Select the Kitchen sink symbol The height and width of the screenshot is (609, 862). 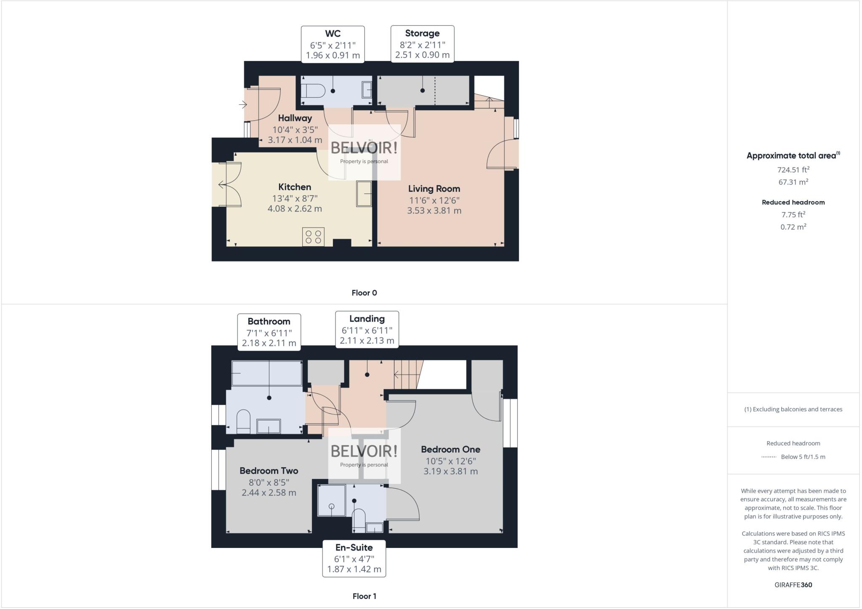coord(364,194)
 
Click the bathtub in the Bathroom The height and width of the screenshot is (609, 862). coord(266,373)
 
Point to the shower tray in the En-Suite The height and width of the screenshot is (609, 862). coord(331,500)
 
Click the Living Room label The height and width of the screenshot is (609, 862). coord(434,189)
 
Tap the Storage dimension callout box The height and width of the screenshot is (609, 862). coord(422,44)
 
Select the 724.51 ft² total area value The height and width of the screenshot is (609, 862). coord(793,170)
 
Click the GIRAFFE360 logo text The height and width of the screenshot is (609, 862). coord(793,585)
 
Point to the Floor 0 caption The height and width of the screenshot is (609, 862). coord(364,293)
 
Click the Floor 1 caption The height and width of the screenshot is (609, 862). coord(364,596)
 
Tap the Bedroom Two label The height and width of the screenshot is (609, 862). coord(269,471)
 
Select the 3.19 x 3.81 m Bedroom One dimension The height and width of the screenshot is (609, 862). coord(450,471)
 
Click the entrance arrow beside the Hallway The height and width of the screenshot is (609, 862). coord(243,104)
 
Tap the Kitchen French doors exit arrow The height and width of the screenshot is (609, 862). coord(221,184)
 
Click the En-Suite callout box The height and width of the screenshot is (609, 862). coord(354,558)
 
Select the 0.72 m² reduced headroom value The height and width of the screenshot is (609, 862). coord(793,227)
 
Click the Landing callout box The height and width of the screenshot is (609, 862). coord(367,330)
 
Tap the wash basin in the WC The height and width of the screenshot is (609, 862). coord(367,90)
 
